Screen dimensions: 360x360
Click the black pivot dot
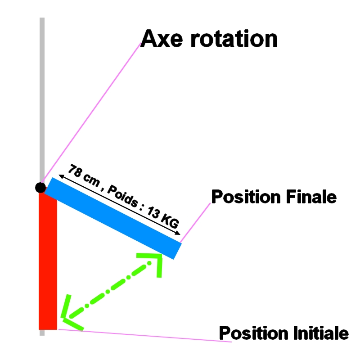click(40, 188)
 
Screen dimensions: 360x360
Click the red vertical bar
click(48, 261)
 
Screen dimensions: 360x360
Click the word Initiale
click(319, 333)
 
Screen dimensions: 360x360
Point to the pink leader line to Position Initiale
click(144, 336)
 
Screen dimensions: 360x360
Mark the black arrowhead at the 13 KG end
click(178, 233)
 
